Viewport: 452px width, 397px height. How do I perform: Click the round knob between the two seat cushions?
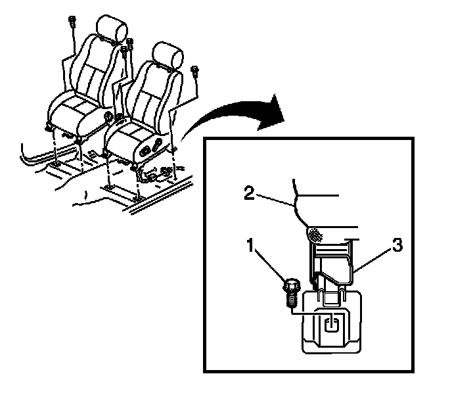[109, 118]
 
